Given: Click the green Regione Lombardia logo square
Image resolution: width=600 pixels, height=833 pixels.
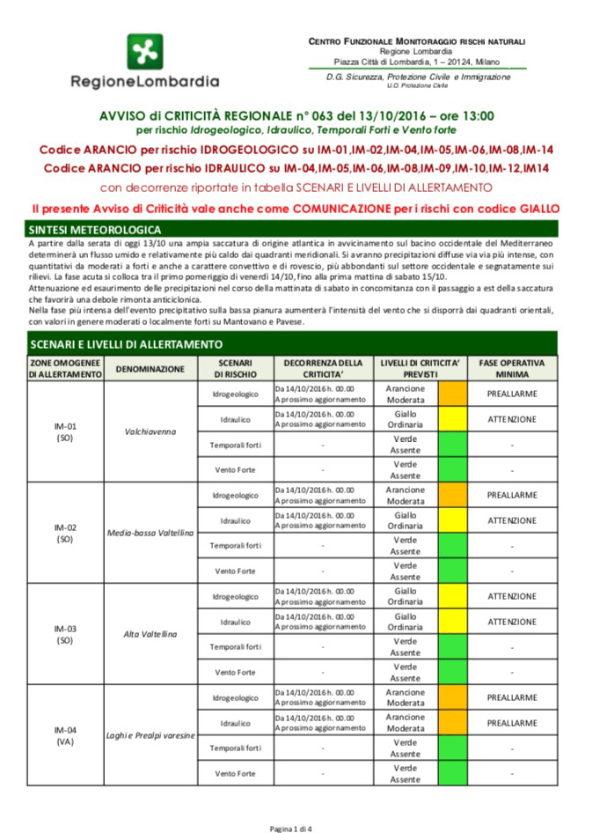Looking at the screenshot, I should (144, 52).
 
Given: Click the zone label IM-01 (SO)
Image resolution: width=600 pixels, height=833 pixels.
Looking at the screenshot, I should (65, 431).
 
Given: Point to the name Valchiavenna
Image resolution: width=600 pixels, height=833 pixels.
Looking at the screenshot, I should (149, 431).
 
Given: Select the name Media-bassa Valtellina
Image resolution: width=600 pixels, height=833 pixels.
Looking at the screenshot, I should (149, 533).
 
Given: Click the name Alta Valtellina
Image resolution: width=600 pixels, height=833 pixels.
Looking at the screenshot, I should (149, 634).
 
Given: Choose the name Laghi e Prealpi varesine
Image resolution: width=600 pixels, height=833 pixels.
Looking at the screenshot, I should (149, 735).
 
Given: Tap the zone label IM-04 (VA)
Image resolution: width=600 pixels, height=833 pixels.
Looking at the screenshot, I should (65, 735).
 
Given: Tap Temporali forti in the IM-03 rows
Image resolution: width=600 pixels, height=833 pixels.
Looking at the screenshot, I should (235, 647).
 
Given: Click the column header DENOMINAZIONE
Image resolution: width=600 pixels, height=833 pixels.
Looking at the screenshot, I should (149, 368).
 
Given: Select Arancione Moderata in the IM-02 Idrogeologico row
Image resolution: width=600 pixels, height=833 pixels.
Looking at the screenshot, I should (405, 495).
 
